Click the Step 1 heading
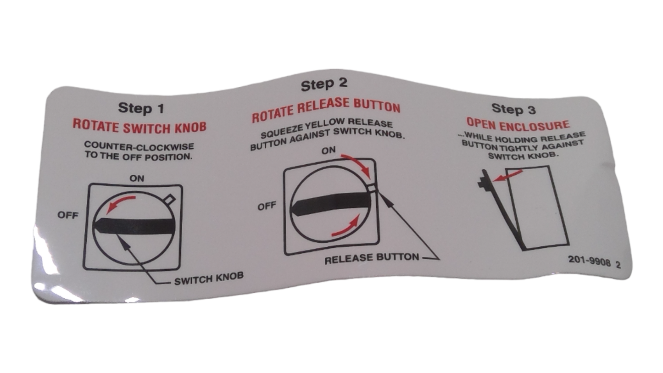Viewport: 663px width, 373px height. click(x=140, y=108)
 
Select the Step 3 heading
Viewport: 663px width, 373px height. click(x=513, y=109)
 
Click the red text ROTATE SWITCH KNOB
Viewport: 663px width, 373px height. click(x=139, y=126)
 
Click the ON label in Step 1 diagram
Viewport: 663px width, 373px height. click(x=137, y=178)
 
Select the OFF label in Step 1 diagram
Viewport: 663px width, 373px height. click(x=67, y=215)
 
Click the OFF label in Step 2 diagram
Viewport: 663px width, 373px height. click(x=267, y=206)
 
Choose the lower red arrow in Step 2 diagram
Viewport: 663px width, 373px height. click(x=345, y=228)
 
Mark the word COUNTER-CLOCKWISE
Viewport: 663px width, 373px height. click(x=139, y=146)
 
